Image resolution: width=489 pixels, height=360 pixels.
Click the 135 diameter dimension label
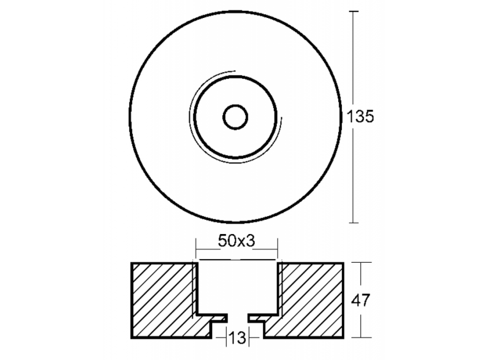(x=360, y=117)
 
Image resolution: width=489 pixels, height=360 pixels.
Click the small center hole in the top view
(x=235, y=117)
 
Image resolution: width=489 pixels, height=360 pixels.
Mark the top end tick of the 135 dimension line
(x=353, y=11)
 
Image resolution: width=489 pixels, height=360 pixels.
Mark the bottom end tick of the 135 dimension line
(x=353, y=223)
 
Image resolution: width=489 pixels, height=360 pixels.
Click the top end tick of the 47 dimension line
(x=364, y=263)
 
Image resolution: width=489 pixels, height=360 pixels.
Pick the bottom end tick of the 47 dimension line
(x=364, y=338)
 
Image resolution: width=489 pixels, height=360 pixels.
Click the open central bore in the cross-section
(x=237, y=288)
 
